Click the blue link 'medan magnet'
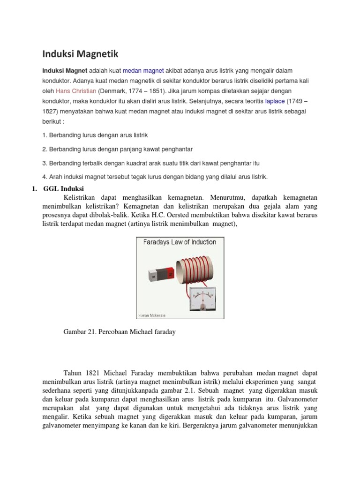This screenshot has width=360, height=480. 143,70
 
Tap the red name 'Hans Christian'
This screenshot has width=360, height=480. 76,90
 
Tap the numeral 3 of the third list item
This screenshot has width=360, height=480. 44,163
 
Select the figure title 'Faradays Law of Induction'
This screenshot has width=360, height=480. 178,242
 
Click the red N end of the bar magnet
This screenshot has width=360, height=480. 170,273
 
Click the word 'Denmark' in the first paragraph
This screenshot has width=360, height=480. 112,90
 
